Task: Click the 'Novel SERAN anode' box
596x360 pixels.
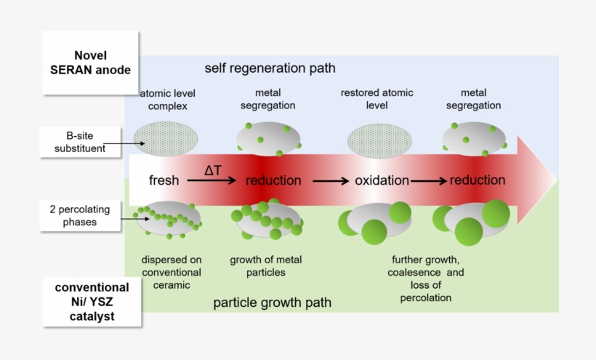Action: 90,63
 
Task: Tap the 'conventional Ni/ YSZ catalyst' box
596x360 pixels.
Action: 92,302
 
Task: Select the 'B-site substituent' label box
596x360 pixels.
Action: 80,142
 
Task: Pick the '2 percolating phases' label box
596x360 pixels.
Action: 80,215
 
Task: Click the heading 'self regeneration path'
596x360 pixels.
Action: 270,68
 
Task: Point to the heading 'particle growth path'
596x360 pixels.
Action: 272,303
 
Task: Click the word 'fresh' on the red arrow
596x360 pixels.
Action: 164,180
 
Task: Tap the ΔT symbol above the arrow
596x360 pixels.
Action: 213,170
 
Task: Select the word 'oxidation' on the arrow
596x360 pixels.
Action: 382,180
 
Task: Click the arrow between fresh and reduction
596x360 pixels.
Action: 212,180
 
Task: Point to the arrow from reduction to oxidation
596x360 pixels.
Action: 331,181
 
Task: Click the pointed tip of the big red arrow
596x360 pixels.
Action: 557,180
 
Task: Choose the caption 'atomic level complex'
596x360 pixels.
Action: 168,100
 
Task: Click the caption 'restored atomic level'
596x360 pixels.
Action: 376,99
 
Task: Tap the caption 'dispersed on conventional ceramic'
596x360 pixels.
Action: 172,272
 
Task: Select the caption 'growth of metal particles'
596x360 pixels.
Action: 266,265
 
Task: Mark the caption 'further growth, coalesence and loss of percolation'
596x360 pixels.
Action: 426,279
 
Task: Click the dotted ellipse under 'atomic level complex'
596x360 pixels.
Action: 165,139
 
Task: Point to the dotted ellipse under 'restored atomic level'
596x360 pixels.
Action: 379,140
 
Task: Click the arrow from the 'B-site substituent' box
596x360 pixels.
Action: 124,144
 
